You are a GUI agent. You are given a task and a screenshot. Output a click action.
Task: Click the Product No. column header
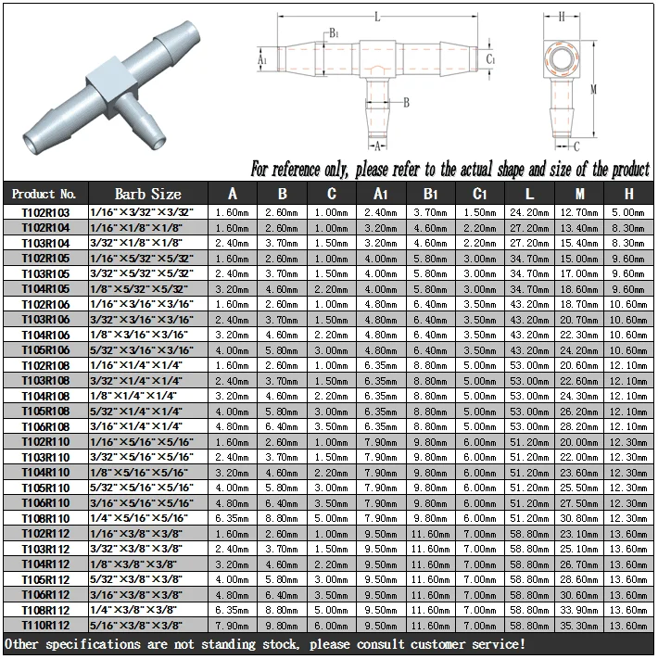point(44,194)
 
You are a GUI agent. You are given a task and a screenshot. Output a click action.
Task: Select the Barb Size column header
point(148,194)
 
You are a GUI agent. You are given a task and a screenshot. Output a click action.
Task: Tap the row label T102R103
point(45,212)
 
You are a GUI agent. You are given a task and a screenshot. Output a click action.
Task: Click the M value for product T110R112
point(579,626)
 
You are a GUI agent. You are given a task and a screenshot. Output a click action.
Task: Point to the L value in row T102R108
point(529,365)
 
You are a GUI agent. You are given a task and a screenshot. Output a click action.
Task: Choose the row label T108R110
point(45,519)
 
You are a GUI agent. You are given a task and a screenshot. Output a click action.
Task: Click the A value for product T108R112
point(232,610)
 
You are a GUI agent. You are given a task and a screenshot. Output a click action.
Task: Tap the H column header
point(628,194)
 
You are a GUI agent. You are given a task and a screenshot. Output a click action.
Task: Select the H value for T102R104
point(628,228)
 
